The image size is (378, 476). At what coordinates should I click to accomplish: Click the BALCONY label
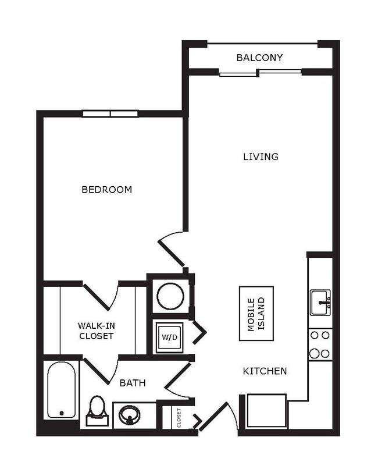tap(259, 58)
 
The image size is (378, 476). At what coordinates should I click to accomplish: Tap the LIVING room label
tap(261, 157)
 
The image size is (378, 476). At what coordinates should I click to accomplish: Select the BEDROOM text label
tap(106, 190)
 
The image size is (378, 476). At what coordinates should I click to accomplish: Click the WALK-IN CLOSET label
tap(96, 331)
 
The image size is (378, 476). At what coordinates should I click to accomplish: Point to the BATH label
tap(133, 383)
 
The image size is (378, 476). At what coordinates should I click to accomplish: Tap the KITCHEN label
tap(265, 371)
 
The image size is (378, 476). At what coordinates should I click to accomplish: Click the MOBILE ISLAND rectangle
tap(256, 314)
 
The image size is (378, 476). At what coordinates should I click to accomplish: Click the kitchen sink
tap(320, 302)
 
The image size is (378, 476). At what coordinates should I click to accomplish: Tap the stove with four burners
tap(320, 344)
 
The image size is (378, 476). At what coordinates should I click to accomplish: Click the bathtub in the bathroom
tap(61, 390)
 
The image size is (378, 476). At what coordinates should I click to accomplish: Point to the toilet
tap(97, 410)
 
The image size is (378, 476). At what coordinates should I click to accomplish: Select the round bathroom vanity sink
tap(129, 415)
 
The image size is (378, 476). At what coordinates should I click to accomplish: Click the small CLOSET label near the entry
tap(179, 417)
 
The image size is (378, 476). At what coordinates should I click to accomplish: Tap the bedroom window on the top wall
tap(110, 114)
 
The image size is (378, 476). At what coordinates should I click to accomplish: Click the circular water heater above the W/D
tap(170, 296)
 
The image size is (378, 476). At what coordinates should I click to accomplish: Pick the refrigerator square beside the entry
tap(266, 411)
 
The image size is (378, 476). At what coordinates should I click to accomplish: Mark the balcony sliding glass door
tap(260, 73)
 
